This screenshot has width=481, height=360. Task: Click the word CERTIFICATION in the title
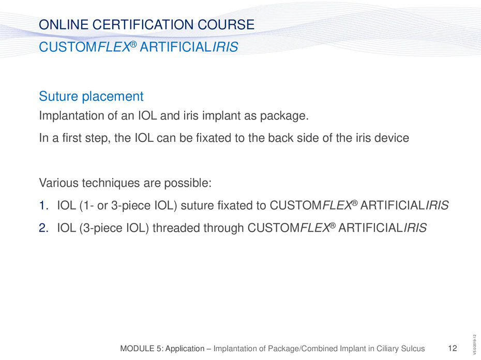point(143,24)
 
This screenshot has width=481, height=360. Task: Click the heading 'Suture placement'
point(91,96)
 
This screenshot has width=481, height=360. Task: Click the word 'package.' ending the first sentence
point(284,116)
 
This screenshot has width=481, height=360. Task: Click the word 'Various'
point(58,183)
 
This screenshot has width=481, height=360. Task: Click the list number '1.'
point(43,205)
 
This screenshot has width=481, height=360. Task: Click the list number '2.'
point(43,228)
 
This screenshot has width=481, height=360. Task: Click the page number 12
point(453,348)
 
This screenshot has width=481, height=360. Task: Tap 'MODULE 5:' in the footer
point(141,348)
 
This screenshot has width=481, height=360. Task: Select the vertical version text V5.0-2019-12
point(475,345)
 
